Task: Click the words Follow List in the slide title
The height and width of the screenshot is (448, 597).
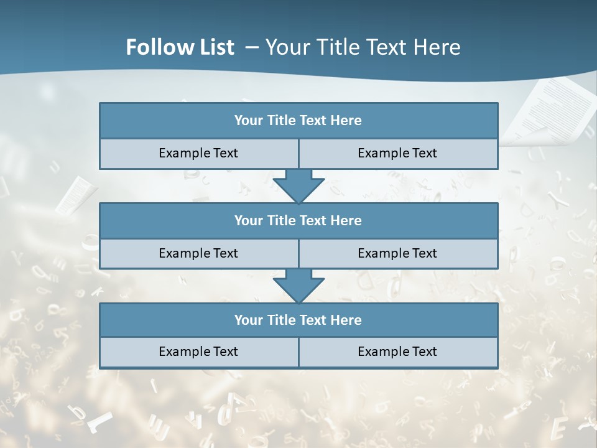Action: click(180, 47)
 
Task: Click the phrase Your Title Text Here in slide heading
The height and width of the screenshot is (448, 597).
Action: click(363, 47)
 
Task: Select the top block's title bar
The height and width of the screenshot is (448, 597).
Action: click(298, 121)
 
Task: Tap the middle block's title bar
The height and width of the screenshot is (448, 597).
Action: click(298, 220)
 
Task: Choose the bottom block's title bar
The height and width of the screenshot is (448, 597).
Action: click(298, 320)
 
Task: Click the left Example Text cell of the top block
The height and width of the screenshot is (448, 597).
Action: click(198, 153)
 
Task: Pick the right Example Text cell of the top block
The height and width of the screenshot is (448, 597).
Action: click(397, 153)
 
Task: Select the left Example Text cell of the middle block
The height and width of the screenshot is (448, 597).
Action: click(198, 253)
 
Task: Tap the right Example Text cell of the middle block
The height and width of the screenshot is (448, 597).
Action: click(397, 253)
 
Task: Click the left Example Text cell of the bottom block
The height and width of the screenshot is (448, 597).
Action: click(198, 352)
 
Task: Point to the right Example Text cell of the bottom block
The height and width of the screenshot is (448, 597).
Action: click(397, 352)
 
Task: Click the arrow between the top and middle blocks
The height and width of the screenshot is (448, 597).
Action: click(298, 185)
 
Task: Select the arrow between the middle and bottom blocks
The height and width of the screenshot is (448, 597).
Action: click(298, 286)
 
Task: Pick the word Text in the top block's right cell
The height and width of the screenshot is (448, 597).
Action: click(423, 153)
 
